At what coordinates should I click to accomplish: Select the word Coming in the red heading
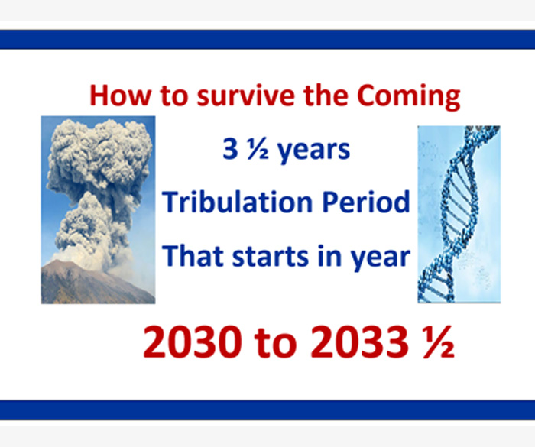click(409, 97)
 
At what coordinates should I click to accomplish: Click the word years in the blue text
click(314, 151)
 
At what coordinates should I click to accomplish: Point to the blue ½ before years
click(258, 149)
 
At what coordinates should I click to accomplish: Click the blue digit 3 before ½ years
click(230, 149)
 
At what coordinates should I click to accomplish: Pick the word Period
click(366, 202)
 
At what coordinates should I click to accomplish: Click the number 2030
click(193, 342)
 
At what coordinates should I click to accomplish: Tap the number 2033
click(359, 342)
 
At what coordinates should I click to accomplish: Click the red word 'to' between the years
click(276, 343)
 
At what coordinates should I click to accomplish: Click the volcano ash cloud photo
click(99, 210)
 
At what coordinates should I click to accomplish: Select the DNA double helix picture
click(459, 214)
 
